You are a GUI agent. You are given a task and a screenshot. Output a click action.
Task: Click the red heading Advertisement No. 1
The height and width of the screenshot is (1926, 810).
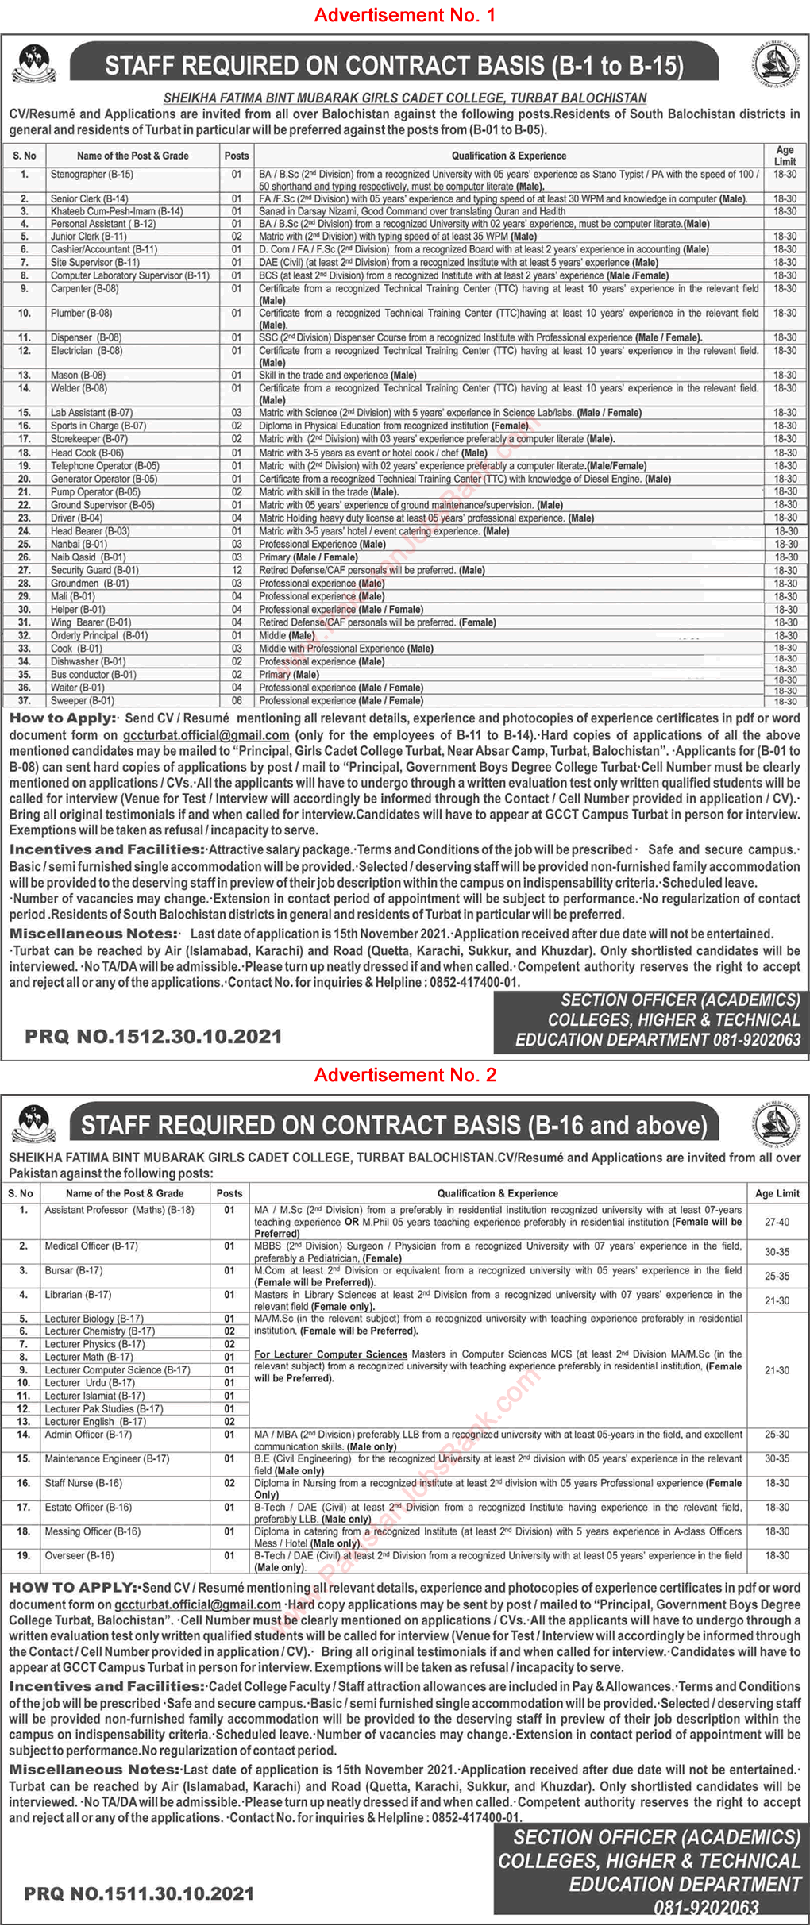tap(405, 15)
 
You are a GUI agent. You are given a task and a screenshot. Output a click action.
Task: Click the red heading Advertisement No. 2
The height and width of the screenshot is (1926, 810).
tap(405, 1075)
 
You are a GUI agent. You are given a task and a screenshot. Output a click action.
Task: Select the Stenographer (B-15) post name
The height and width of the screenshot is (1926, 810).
tap(92, 174)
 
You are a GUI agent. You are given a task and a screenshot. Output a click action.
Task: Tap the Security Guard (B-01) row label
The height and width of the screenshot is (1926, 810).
tap(94, 570)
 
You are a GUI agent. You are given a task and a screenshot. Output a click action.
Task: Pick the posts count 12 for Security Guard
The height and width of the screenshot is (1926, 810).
tap(237, 570)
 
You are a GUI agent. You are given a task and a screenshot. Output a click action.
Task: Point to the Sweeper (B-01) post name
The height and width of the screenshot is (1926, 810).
tap(82, 701)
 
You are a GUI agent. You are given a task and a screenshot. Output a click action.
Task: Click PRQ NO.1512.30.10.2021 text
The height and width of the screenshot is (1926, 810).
tap(153, 1036)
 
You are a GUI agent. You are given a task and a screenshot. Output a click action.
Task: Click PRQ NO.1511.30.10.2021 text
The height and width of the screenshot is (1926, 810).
tap(139, 1893)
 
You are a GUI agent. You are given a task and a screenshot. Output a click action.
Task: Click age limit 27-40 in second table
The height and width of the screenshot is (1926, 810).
tap(777, 1222)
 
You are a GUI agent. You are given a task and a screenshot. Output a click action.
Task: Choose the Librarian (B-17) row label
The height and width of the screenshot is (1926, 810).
tap(78, 1294)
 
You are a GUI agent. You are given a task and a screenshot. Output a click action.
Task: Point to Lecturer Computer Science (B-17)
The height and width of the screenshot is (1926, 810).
tap(118, 1369)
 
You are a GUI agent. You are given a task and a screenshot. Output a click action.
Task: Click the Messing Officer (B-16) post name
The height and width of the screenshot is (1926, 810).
tap(92, 1531)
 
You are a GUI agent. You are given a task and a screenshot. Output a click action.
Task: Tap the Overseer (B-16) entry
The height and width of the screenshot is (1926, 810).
tap(79, 1555)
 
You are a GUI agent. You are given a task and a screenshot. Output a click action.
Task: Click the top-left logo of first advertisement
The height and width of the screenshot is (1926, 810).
tap(33, 64)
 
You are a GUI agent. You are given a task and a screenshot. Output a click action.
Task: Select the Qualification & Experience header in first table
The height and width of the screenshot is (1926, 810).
tap(509, 156)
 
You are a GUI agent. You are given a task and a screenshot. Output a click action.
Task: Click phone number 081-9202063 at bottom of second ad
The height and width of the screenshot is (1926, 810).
tap(706, 1908)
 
